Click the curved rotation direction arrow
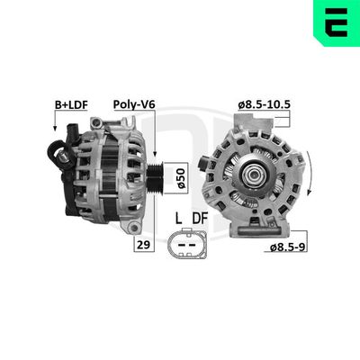coord(310,171)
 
